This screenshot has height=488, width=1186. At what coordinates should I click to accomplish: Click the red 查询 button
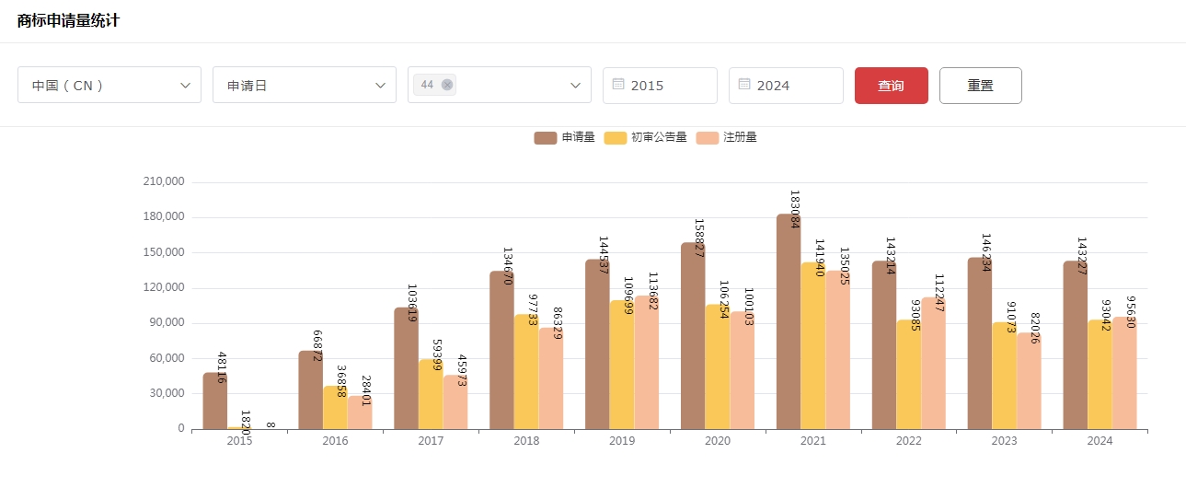(x=891, y=86)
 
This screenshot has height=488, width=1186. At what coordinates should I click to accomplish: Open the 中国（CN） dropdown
(x=109, y=86)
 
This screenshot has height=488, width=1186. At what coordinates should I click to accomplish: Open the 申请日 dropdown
(x=304, y=86)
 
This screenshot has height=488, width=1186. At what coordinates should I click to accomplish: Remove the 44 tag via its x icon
(x=447, y=85)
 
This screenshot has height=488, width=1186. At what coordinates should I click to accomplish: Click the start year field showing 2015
(x=660, y=86)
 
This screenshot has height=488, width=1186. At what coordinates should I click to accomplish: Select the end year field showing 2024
(x=786, y=86)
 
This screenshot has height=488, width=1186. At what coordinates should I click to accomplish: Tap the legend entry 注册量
(x=727, y=138)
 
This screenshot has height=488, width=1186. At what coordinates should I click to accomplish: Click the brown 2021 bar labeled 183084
(x=789, y=322)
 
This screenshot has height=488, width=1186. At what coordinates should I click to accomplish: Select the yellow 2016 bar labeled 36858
(x=335, y=407)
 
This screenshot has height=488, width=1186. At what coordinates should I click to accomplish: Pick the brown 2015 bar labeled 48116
(x=214, y=401)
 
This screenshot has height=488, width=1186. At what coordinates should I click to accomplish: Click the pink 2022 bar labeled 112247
(x=933, y=364)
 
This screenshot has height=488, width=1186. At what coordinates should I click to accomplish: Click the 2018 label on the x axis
(x=526, y=442)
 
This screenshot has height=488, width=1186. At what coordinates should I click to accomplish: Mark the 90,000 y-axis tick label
(x=167, y=323)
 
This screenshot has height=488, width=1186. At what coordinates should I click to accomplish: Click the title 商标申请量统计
(x=68, y=21)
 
